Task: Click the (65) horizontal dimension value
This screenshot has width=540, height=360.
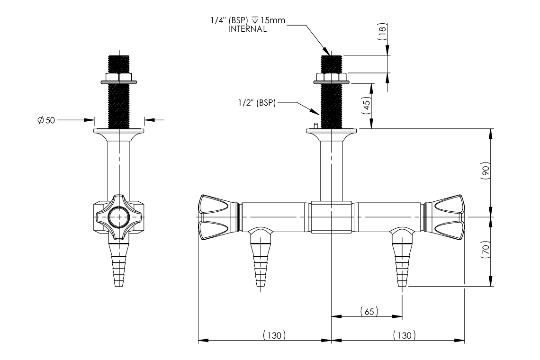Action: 369,311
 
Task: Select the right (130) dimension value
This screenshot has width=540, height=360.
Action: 404,335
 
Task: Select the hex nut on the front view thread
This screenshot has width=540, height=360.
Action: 332,77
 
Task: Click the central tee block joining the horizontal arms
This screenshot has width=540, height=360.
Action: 332,217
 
